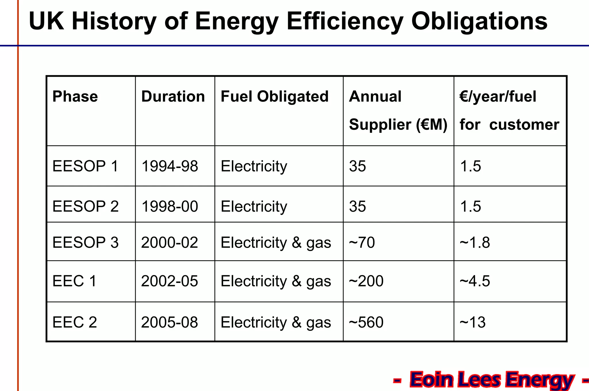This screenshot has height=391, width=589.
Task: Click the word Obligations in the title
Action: (x=479, y=22)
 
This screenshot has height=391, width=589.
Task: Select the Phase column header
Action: (x=75, y=96)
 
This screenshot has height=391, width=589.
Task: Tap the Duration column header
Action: (x=173, y=96)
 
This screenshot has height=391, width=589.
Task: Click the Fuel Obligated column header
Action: (x=274, y=96)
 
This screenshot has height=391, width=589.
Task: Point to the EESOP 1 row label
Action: (x=85, y=166)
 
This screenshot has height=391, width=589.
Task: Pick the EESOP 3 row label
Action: (x=85, y=242)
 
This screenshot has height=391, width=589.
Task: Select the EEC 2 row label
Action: (x=74, y=322)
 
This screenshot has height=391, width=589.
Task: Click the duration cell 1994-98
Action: (x=170, y=166)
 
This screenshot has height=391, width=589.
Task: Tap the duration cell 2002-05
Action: (x=169, y=281)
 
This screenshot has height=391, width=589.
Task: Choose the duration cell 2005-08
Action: (x=169, y=322)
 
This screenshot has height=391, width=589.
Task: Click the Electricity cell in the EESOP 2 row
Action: (x=254, y=206)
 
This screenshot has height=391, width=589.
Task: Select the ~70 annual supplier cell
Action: (x=362, y=242)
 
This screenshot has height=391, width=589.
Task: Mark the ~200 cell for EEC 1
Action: (x=366, y=281)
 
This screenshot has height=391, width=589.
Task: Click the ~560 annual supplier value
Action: (x=366, y=322)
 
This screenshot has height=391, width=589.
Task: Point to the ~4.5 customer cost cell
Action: (x=475, y=281)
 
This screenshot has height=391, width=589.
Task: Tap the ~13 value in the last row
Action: (x=473, y=322)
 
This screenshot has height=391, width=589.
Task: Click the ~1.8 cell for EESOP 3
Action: (x=475, y=242)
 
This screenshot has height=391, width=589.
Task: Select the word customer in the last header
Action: (x=524, y=125)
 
